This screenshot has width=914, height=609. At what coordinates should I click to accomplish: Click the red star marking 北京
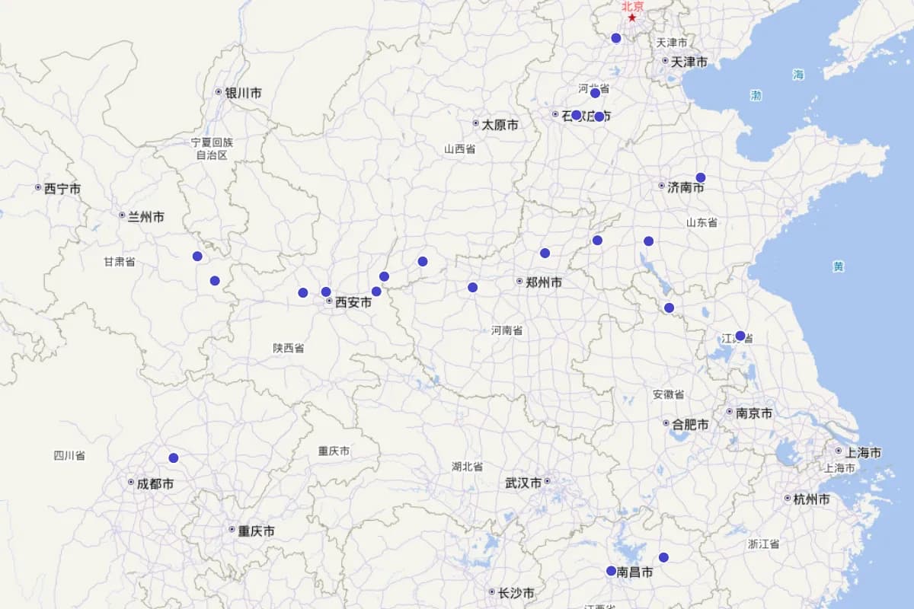tap(631, 18)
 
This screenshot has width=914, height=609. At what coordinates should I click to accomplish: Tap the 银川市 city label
tap(242, 93)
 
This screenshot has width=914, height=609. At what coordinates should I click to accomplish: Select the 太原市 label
tap(500, 124)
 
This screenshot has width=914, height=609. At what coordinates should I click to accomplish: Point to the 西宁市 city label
tap(62, 188)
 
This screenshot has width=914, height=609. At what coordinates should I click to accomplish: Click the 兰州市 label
tap(145, 217)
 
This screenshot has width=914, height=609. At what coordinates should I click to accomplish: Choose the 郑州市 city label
tap(544, 282)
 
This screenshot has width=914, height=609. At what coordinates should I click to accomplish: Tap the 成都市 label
tap(155, 483)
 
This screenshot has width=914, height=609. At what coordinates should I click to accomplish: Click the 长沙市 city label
tap(516, 593)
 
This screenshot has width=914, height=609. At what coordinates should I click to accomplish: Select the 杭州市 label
tap(811, 499)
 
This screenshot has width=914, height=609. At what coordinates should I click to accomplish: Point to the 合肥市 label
tap(690, 424)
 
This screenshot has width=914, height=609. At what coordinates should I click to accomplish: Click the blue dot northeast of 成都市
tap(174, 458)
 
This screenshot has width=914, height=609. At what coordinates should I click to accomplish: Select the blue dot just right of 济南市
tap(701, 177)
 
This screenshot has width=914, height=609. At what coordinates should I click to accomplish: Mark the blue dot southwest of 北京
tap(616, 38)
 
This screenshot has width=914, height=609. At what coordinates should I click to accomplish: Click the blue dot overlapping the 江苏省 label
tap(740, 336)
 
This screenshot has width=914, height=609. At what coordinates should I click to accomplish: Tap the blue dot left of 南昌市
tap(611, 571)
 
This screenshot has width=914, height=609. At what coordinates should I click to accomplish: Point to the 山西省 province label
tap(460, 149)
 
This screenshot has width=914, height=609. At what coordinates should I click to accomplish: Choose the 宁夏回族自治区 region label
tap(212, 148)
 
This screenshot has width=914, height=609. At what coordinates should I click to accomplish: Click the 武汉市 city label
tap(523, 483)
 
